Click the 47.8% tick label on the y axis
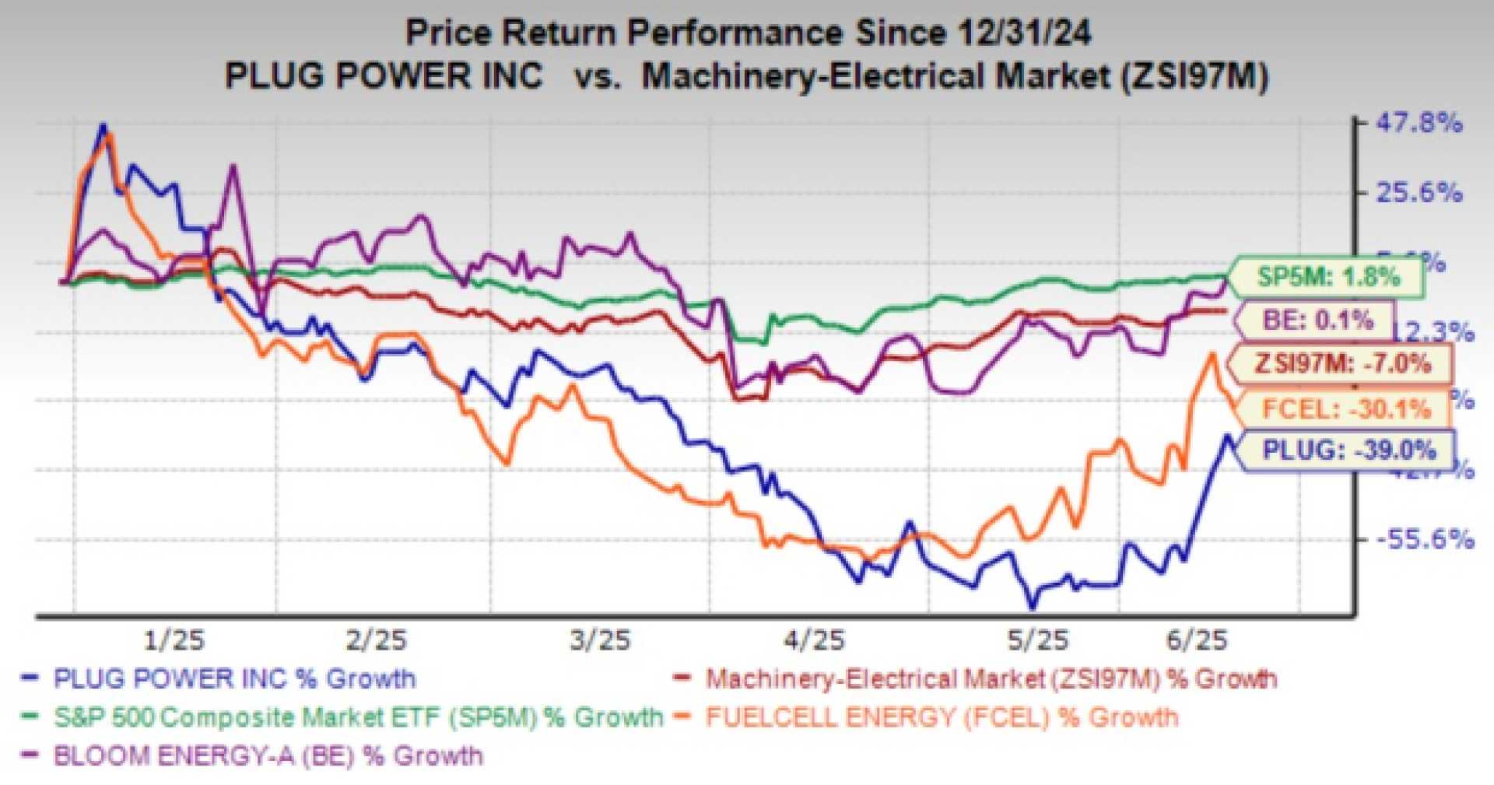tap(1419, 123)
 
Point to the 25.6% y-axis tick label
tap(1419, 192)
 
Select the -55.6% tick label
tap(1425, 538)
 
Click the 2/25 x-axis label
tap(376, 640)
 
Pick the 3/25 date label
tap(599, 640)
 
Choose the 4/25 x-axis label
tap(814, 640)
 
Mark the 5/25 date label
tap(1038, 640)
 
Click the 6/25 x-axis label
tap(1196, 640)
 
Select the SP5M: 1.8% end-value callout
tap(1328, 277)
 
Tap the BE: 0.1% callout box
tap(1317, 320)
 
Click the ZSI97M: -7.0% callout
tap(1342, 363)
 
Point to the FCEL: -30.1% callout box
tap(1345, 409)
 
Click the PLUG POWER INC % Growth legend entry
tap(233, 678)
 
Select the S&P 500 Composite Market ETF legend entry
tap(358, 717)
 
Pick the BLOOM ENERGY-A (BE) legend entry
tap(268, 755)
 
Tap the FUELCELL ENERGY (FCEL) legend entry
tap(942, 717)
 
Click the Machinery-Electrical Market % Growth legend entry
tap(991, 678)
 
